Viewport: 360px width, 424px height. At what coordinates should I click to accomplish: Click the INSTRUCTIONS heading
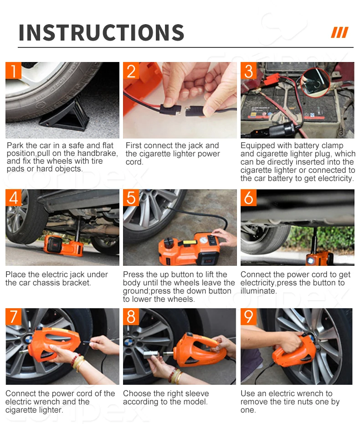(101, 32)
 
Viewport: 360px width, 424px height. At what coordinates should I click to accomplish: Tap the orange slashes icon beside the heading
(339, 32)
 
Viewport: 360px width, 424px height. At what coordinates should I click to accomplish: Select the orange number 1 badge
(13, 71)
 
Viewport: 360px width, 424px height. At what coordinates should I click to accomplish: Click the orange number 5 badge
(131, 198)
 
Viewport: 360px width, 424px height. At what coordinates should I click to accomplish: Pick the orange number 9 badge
(249, 317)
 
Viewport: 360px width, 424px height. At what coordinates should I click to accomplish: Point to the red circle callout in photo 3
(315, 82)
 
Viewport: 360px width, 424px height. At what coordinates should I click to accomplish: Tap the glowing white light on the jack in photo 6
(310, 261)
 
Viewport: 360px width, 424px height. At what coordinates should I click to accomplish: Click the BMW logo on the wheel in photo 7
(29, 339)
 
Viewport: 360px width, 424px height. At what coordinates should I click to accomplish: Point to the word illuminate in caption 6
(258, 291)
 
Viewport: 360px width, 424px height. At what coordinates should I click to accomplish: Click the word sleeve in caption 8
(196, 393)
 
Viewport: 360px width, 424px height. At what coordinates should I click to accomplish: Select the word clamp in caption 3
(331, 146)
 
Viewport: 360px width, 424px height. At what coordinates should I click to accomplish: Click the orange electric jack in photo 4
(63, 245)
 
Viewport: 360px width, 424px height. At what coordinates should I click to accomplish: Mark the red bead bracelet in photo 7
(75, 360)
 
